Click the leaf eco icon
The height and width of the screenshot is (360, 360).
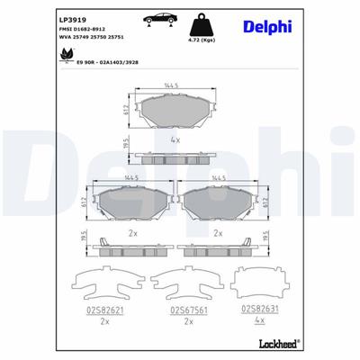(67, 53)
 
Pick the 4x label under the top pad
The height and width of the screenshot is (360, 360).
(176, 140)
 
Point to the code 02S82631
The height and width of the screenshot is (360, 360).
(260, 307)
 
